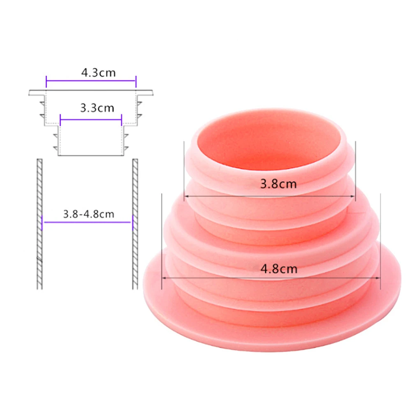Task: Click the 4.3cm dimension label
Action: tap(98, 73)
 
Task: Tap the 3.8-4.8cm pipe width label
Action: tap(88, 214)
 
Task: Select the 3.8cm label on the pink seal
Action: tap(278, 184)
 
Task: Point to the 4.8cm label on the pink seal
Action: tap(279, 269)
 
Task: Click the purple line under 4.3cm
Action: tap(90, 81)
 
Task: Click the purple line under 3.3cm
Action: tap(90, 120)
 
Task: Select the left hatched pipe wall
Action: tap(39, 224)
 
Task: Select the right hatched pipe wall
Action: tap(135, 224)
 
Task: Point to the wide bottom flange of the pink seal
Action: tap(271, 325)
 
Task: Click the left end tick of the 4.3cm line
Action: tap(46, 81)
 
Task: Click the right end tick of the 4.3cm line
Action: tap(136, 81)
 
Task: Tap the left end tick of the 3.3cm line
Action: tap(60, 120)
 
